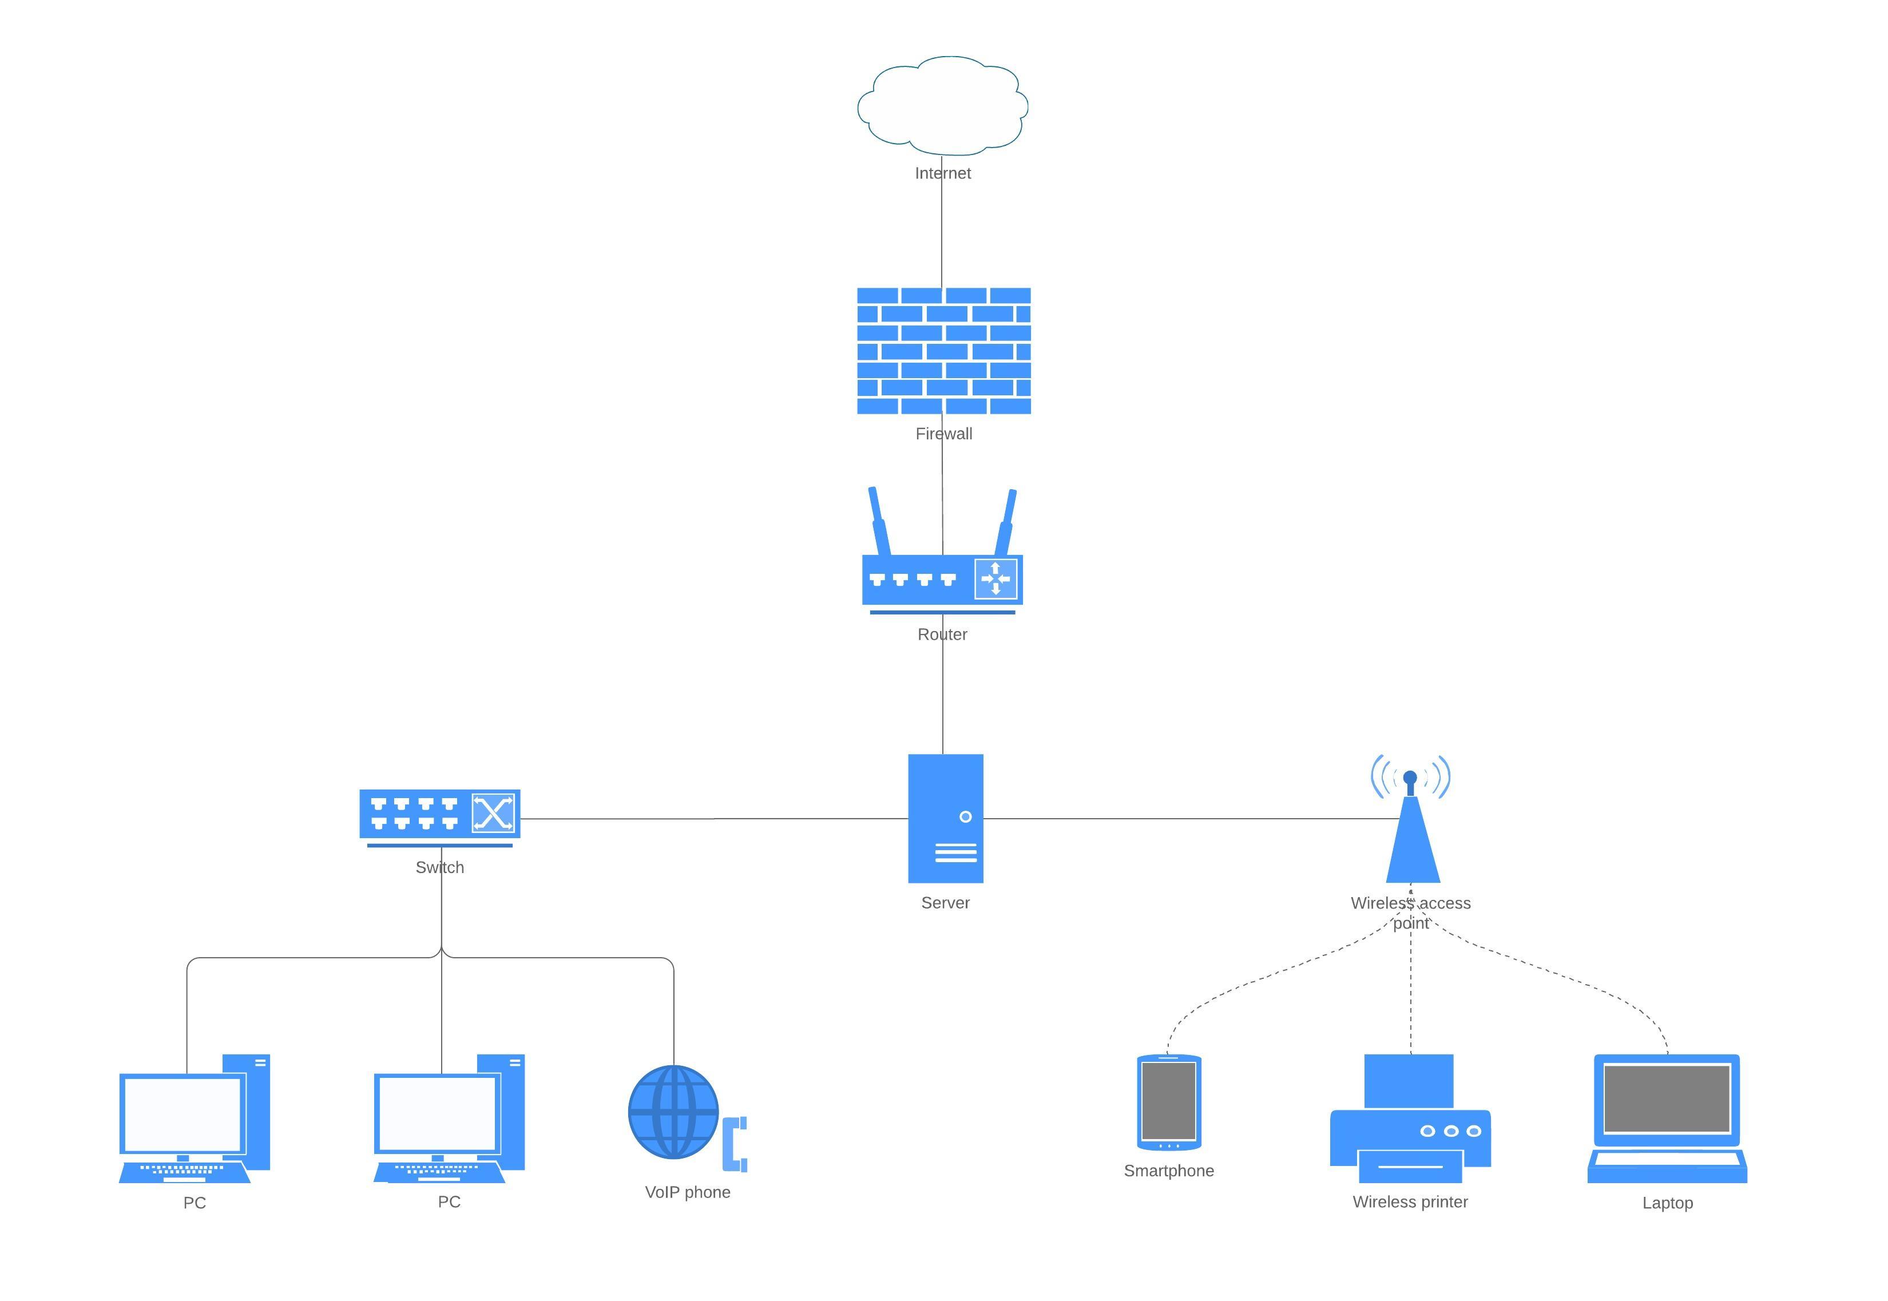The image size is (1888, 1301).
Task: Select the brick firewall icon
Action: point(943,351)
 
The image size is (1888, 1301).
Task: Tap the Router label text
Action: point(942,634)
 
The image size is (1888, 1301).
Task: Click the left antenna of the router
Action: point(878,522)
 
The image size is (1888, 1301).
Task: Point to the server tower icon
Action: point(946,819)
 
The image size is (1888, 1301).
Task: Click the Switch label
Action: point(439,867)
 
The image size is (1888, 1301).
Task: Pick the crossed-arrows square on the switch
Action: point(493,813)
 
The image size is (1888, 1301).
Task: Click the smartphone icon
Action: point(1168,1102)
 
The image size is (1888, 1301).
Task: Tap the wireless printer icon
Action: point(1410,1125)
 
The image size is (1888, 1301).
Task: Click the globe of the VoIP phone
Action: point(673,1112)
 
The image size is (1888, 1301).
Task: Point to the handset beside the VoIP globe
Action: point(735,1144)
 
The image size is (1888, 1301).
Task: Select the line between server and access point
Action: point(1190,819)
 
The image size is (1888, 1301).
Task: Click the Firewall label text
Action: point(943,434)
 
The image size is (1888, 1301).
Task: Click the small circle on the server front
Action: point(965,817)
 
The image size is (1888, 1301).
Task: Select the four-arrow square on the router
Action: point(995,579)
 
